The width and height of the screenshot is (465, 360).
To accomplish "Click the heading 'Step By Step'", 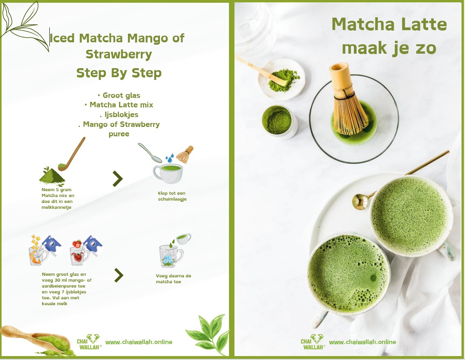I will pyautogui.click(x=119, y=73).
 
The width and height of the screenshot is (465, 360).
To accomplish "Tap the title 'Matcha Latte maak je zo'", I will pyautogui.click(x=389, y=36).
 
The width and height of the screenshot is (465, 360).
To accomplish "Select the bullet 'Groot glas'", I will pyautogui.click(x=119, y=95).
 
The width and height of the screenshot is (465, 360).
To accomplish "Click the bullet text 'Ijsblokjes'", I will pyautogui.click(x=119, y=115).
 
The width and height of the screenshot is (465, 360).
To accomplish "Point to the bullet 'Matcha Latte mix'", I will pyautogui.click(x=119, y=105).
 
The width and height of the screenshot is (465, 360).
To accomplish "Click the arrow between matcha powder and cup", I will pyautogui.click(x=117, y=179).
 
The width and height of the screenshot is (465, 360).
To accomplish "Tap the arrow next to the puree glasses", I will pyautogui.click(x=119, y=275).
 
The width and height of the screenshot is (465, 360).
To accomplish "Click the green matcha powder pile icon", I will pyautogui.click(x=52, y=176).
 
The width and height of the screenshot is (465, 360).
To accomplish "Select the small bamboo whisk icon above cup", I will pyautogui.click(x=185, y=154).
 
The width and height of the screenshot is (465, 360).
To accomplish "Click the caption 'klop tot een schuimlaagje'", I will pyautogui.click(x=171, y=196).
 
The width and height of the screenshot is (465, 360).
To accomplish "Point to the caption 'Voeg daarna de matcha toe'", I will pyautogui.click(x=173, y=279).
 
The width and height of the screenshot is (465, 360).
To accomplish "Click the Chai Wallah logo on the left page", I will pyautogui.click(x=89, y=342).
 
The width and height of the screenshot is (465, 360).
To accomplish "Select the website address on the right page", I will pyautogui.click(x=362, y=342).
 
